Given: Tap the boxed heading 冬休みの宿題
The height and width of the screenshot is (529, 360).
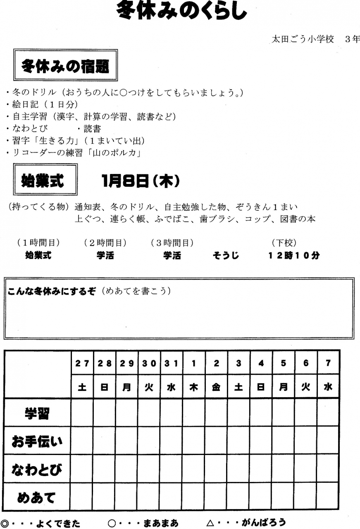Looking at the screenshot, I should pyautogui.click(x=66, y=66).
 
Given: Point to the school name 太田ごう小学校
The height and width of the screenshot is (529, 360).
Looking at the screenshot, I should pyautogui.click(x=302, y=39).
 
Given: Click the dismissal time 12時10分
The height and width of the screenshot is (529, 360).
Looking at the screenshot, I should pyautogui.click(x=294, y=256).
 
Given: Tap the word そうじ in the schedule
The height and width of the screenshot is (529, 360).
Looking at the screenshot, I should pyautogui.click(x=226, y=256).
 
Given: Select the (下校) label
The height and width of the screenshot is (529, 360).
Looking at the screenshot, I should pyautogui.click(x=284, y=243).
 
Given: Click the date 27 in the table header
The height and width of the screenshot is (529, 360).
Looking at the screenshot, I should pyautogui.click(x=82, y=363).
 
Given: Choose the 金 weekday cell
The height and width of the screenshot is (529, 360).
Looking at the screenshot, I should pyautogui.click(x=216, y=388).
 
